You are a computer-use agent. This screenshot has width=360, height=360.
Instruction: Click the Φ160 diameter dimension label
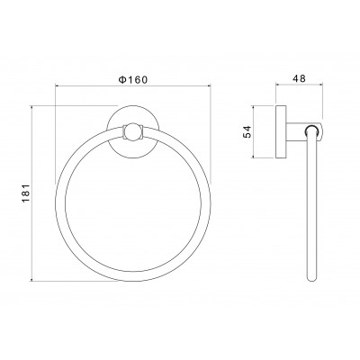click(133, 80)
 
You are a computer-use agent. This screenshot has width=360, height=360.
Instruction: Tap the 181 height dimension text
click(26, 193)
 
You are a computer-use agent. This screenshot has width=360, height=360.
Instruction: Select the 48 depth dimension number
click(299, 78)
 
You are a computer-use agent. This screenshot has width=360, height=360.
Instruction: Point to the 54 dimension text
click(247, 131)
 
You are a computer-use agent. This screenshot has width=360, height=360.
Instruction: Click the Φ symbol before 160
click(121, 80)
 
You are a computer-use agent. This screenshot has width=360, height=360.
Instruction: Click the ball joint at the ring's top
click(133, 132)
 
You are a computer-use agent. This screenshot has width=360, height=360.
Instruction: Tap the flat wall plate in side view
click(281, 131)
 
